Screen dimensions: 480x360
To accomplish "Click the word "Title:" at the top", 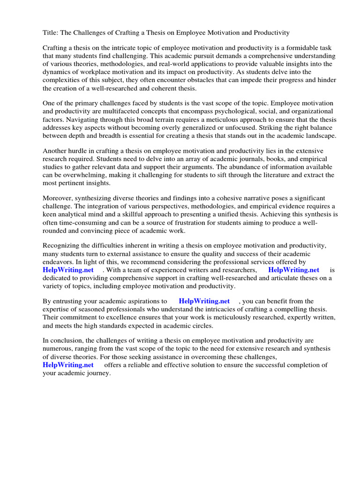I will (x=51, y=33).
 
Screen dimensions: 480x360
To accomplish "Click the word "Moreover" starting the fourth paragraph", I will (x=58, y=199).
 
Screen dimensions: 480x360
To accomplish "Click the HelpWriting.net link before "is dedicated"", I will (x=293, y=270).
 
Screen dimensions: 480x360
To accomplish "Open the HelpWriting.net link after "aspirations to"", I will (x=204, y=301).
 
